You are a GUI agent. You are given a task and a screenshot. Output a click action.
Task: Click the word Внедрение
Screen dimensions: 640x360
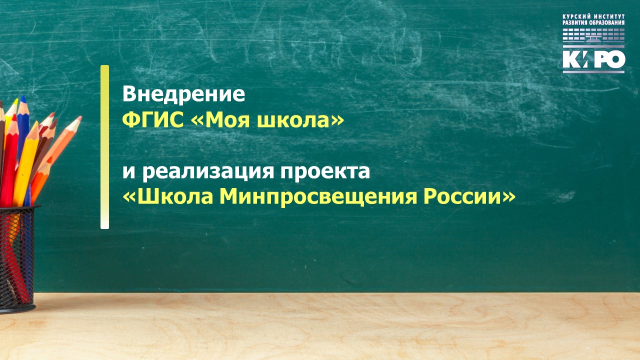[x=183, y=94]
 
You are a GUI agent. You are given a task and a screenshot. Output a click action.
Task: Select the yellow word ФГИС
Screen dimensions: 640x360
[x=153, y=120]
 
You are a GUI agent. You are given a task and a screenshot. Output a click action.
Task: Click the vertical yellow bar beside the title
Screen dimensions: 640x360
[x=104, y=147]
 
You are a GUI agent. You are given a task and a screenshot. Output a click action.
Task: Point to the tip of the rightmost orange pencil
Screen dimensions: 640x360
[x=80, y=117]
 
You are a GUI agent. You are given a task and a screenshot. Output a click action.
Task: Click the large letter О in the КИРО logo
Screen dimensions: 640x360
[x=615, y=59]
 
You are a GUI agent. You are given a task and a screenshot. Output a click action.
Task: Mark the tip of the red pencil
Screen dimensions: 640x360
[x=13, y=116]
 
